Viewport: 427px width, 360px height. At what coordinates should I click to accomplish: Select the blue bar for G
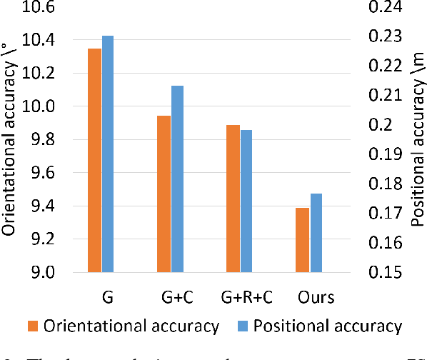click(108, 154)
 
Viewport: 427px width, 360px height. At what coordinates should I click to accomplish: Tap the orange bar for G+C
click(164, 194)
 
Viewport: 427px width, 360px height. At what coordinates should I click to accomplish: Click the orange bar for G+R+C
click(233, 199)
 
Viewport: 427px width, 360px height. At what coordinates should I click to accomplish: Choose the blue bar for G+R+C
click(246, 201)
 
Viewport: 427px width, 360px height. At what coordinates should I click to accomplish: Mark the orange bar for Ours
click(302, 240)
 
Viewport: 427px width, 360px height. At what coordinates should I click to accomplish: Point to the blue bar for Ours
click(316, 233)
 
